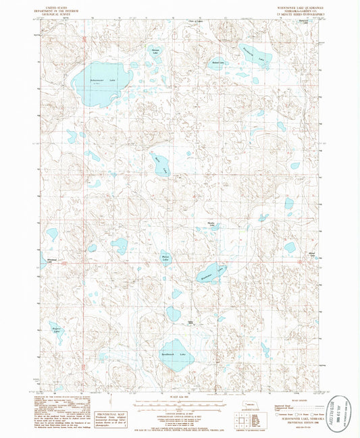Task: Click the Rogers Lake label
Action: (57, 330)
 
